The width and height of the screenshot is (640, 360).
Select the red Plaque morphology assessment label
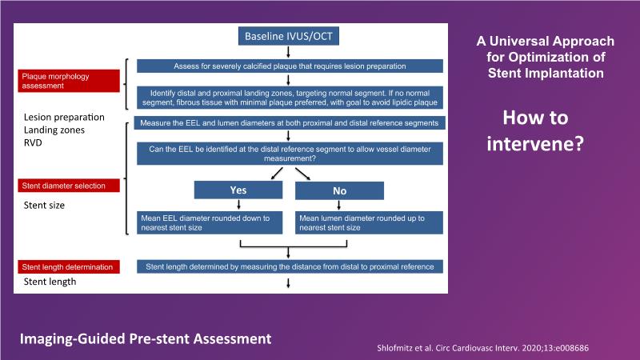coord(70,80)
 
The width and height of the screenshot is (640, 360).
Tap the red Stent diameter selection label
coord(70,186)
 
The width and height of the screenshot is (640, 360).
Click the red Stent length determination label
coord(70,266)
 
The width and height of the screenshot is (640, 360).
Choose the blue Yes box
coord(238,190)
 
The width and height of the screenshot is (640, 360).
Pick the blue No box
coord(339,191)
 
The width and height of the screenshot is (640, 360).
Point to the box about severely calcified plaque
coord(290,66)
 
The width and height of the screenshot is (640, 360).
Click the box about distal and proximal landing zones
coord(290,97)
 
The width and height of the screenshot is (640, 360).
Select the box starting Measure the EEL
coord(290,124)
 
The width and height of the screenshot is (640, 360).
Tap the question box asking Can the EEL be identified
coord(290,153)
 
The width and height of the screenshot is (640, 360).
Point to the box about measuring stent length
coord(290,266)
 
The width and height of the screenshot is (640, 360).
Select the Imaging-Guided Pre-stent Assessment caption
coord(146,338)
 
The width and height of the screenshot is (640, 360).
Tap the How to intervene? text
coord(535,132)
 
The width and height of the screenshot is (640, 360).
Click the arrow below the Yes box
coord(238,206)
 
